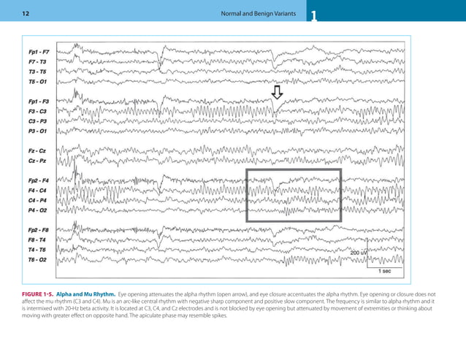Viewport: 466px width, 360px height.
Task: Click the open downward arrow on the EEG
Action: pos(277,92)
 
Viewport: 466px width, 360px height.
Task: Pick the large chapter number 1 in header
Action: pos(314,17)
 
